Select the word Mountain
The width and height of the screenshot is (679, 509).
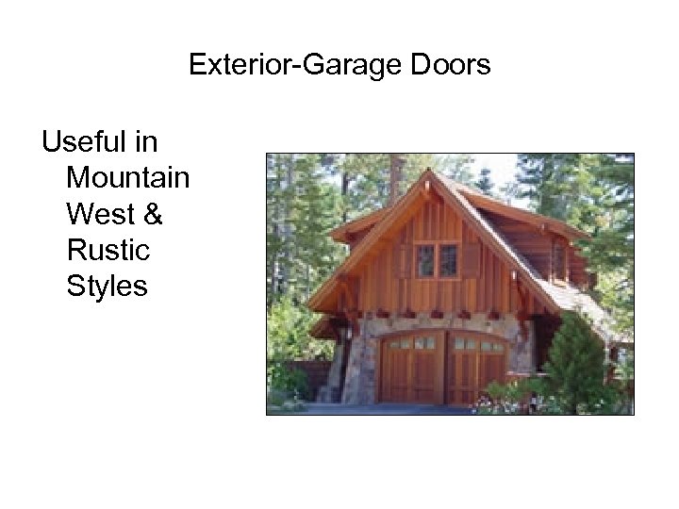click(x=128, y=178)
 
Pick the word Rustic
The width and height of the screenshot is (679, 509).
click(x=108, y=250)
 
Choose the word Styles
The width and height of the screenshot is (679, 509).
click(x=107, y=286)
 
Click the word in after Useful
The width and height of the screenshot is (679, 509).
click(x=146, y=142)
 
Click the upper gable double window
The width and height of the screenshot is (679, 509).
click(x=437, y=259)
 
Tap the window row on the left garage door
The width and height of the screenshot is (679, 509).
click(x=411, y=343)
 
